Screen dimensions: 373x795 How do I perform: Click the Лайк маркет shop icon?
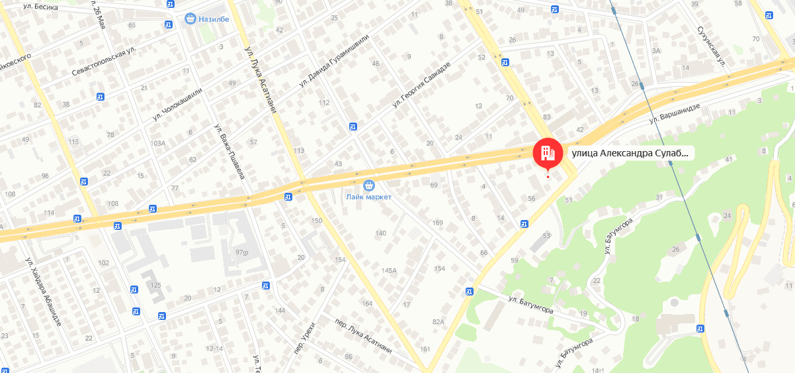[x=369, y=184]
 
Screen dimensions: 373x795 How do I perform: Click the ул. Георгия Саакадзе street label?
[x=421, y=84]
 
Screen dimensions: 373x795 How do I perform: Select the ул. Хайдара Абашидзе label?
[x=43, y=291]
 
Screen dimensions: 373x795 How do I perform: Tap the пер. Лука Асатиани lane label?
[x=363, y=336]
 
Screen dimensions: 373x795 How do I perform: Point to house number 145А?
[x=389, y=270]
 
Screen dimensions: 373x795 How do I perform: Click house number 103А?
[x=157, y=143]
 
